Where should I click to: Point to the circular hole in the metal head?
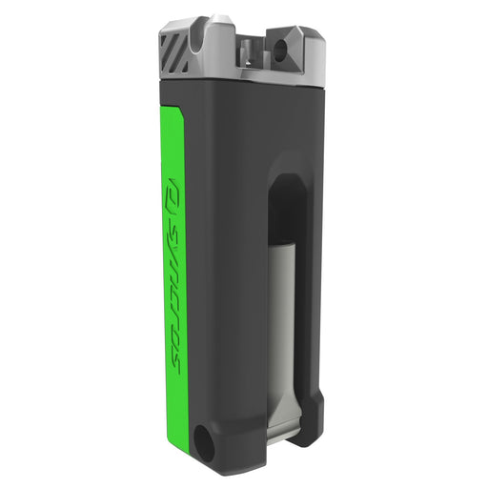pos(281,48)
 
